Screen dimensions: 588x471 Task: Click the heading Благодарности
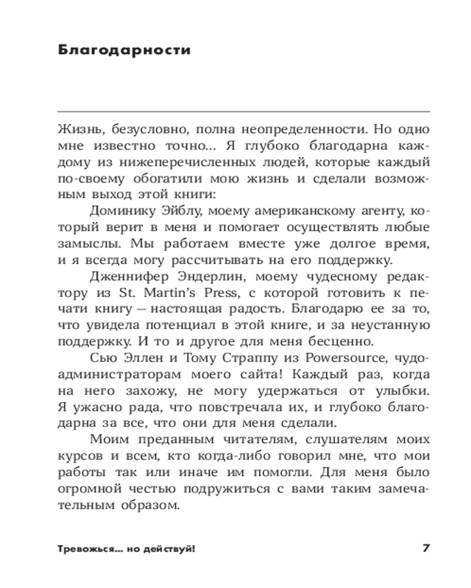tap(125, 50)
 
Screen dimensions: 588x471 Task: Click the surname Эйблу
tap(178, 211)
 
